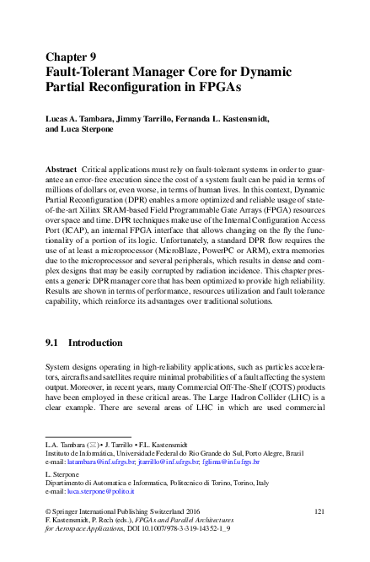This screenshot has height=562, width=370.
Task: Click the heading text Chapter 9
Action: (72, 57)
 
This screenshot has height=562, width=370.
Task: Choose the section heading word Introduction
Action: (101, 344)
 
